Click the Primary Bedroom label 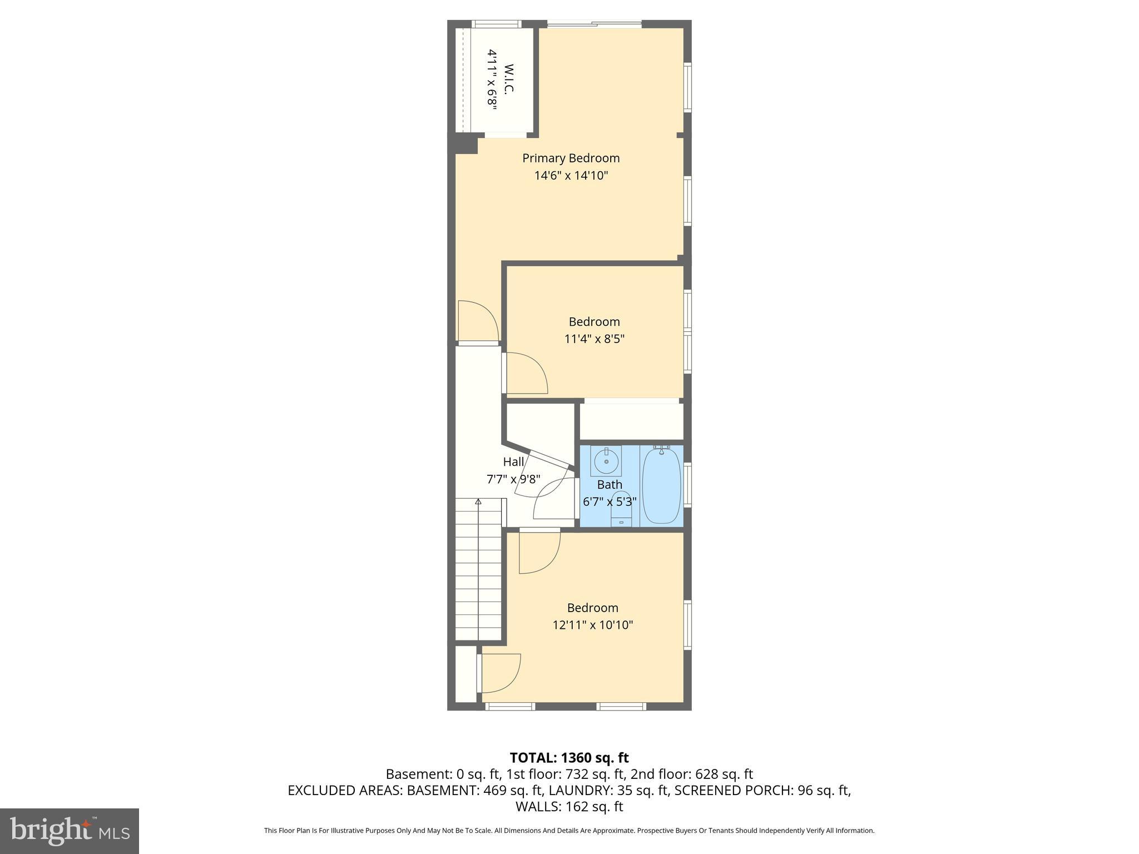point(571,158)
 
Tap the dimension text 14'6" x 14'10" point(571,176)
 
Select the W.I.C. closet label point(509,78)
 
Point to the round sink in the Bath point(606,461)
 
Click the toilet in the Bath point(621,507)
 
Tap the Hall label point(513,461)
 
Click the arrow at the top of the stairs point(478,502)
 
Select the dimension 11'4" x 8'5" point(594,339)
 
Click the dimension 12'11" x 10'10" point(592,625)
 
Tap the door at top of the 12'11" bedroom point(538,552)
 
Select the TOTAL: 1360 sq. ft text point(569,757)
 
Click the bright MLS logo point(69,831)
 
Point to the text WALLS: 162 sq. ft point(569,806)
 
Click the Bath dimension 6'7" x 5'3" point(610,502)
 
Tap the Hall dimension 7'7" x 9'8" point(513,479)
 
